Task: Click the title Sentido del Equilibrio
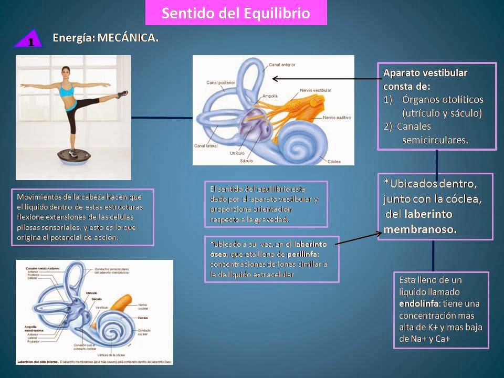(x=235, y=13)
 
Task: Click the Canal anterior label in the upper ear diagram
(x=282, y=66)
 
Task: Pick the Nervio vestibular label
(x=315, y=90)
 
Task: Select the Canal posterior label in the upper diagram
(x=219, y=82)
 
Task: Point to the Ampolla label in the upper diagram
(x=271, y=96)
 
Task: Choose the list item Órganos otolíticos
(x=443, y=99)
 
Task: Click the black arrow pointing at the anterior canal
(x=325, y=79)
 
